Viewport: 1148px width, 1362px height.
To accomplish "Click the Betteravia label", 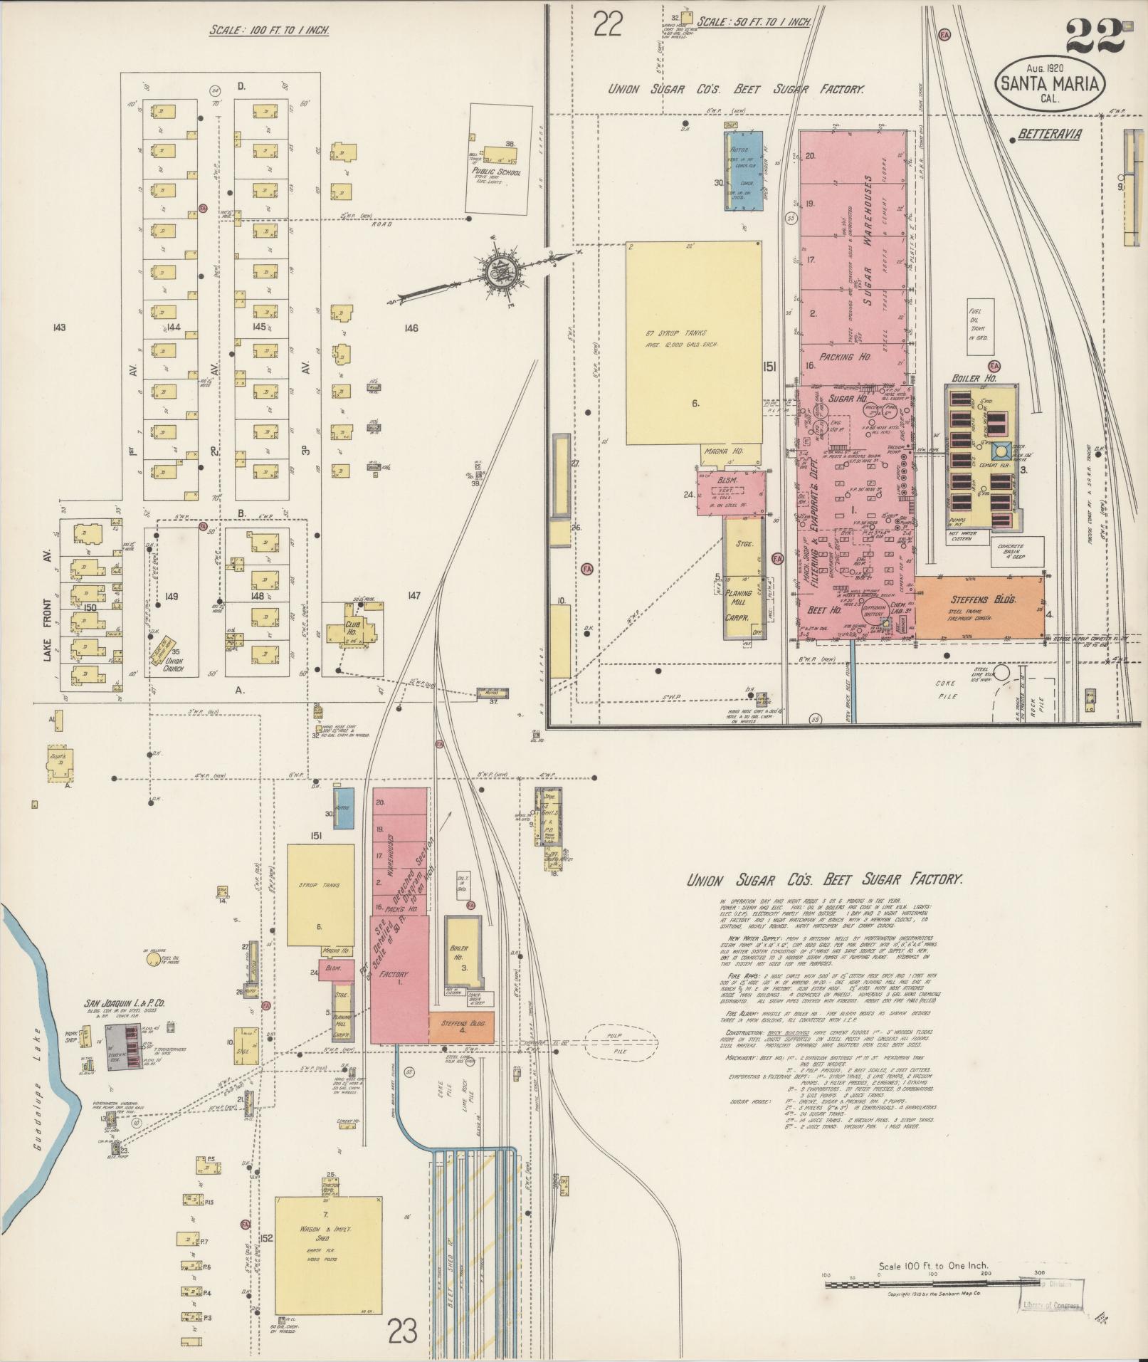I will (x=1049, y=134).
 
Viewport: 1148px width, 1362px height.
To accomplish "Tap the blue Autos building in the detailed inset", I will (x=744, y=171).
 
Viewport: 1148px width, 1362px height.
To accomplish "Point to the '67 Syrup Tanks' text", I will (x=681, y=333).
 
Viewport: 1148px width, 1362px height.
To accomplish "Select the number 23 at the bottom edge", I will (x=402, y=1330).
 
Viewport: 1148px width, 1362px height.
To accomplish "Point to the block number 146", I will (x=410, y=328).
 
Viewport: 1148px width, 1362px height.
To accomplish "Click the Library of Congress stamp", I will (x=1051, y=1306).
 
